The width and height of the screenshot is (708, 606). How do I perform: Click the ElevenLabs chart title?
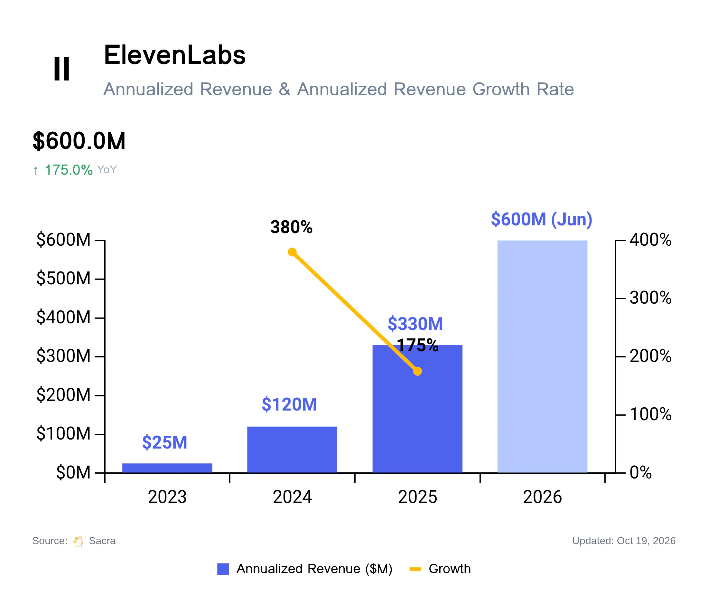tap(175, 55)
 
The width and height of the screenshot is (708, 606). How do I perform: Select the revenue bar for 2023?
tap(167, 468)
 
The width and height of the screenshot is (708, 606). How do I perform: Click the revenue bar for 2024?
tap(292, 450)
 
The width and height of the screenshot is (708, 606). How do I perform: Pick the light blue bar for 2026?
tap(542, 356)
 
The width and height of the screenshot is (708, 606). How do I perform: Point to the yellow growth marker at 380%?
tap(292, 252)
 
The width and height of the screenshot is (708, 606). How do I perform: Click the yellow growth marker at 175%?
tap(417, 371)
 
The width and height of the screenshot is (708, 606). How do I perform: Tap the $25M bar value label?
tap(165, 442)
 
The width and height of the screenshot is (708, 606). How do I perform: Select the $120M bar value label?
tap(289, 404)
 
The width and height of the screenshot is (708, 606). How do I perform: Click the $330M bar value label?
tap(415, 324)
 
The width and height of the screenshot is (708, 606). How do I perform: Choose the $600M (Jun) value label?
tap(542, 219)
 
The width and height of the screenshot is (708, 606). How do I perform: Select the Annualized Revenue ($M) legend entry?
tap(305, 569)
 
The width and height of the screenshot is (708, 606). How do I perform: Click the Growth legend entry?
tap(440, 569)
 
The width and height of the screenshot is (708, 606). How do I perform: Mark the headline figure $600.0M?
tap(79, 141)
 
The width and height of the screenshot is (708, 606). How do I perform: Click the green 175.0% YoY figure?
tap(69, 170)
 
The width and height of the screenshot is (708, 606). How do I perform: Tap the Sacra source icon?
tap(78, 541)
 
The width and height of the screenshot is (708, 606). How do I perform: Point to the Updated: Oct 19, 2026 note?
tap(624, 541)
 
